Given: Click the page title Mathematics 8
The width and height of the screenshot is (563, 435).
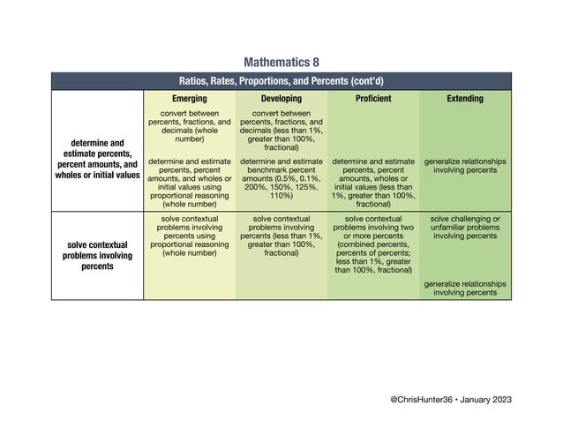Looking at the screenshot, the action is tap(281, 63).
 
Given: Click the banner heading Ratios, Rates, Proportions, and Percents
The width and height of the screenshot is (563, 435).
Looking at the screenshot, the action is tap(281, 80).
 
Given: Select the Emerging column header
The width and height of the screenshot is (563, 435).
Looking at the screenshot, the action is tap(189, 99).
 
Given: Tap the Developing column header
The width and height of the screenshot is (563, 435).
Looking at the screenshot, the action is tap(281, 99).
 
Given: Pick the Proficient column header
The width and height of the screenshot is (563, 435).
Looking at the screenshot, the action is tap(372, 99).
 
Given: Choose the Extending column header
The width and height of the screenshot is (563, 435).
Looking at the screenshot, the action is tap(465, 99).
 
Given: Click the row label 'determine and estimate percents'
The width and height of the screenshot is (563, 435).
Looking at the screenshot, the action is tap(98, 158).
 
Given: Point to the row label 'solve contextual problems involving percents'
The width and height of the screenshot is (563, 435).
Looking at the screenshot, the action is tap(98, 254).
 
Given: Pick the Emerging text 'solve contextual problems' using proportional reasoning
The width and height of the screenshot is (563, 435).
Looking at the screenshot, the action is tap(189, 236).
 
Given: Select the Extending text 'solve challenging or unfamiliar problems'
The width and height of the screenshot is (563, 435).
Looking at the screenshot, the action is tap(465, 227).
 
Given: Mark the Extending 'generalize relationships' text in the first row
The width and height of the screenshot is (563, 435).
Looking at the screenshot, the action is tap(465, 166).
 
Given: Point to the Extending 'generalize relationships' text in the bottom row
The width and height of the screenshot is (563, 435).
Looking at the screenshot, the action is tap(465, 289).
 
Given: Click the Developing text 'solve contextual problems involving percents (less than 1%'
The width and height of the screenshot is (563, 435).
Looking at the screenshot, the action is tap(281, 236).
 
